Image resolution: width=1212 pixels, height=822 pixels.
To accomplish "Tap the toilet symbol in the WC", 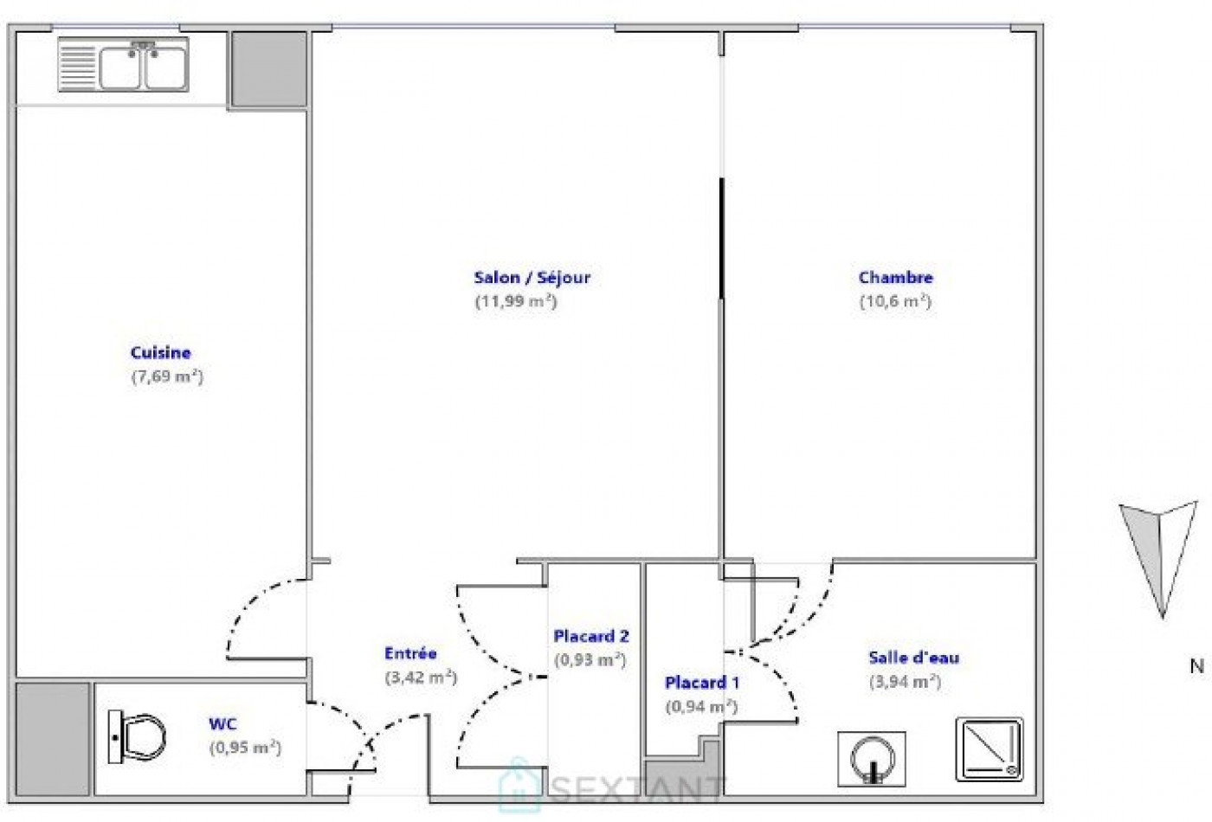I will tap(138, 737).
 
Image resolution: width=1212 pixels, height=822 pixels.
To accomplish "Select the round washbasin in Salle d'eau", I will tap(871, 759).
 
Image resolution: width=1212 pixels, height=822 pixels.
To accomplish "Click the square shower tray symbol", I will tap(990, 748).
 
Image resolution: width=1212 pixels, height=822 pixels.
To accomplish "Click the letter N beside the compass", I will tap(1196, 666).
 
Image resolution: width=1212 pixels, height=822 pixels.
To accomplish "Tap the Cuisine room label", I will tap(160, 352).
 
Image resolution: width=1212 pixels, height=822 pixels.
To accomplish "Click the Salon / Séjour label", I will tap(532, 278).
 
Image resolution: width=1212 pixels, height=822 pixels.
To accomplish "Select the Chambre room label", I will tap(895, 278).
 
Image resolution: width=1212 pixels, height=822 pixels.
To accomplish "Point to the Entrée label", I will tap(410, 653).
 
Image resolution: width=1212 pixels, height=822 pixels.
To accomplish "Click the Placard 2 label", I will tap(591, 636).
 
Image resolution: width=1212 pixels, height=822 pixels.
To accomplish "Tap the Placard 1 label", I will tap(702, 683).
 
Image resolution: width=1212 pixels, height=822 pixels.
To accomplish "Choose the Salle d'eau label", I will tap(913, 658).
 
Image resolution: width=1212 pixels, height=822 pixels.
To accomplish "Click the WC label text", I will tap(222, 724).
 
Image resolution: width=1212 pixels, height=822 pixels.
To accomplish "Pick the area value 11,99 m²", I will tap(515, 301).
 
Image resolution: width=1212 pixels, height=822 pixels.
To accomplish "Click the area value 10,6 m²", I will tap(895, 301).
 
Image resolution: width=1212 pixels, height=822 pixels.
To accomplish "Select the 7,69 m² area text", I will tap(167, 376).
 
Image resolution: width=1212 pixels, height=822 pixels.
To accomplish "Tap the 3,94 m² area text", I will tap(905, 682).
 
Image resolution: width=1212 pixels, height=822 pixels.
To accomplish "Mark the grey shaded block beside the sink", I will tap(268, 69).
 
